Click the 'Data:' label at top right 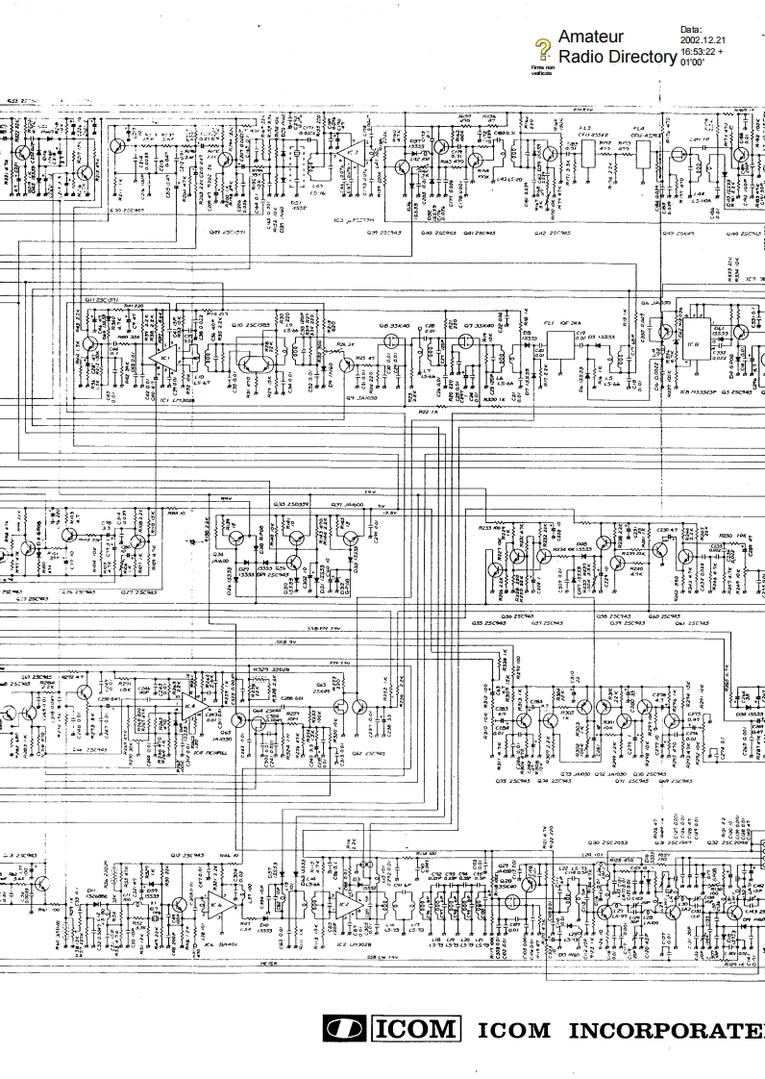click(x=691, y=31)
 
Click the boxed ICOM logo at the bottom click(x=415, y=1030)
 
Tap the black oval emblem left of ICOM click(x=342, y=1030)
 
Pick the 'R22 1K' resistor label click(x=430, y=412)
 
